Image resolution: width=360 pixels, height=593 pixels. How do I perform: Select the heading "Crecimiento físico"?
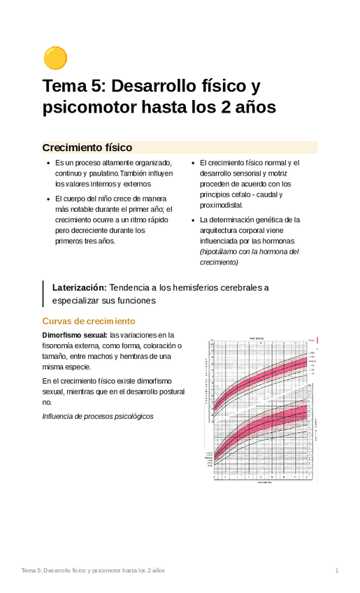[x=87, y=148]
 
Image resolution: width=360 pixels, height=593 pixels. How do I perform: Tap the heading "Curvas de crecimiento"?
[x=88, y=321]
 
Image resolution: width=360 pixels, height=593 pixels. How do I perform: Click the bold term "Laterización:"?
[x=80, y=287]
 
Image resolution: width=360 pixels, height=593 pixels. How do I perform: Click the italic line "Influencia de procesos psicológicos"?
[x=98, y=416]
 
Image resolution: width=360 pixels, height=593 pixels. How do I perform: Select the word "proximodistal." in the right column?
[x=222, y=206]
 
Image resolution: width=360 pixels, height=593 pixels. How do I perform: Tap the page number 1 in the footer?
[x=336, y=571]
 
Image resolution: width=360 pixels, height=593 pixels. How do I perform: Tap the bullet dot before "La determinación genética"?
[x=192, y=220]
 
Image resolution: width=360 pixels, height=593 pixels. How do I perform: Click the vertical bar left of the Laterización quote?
[x=44, y=294]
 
